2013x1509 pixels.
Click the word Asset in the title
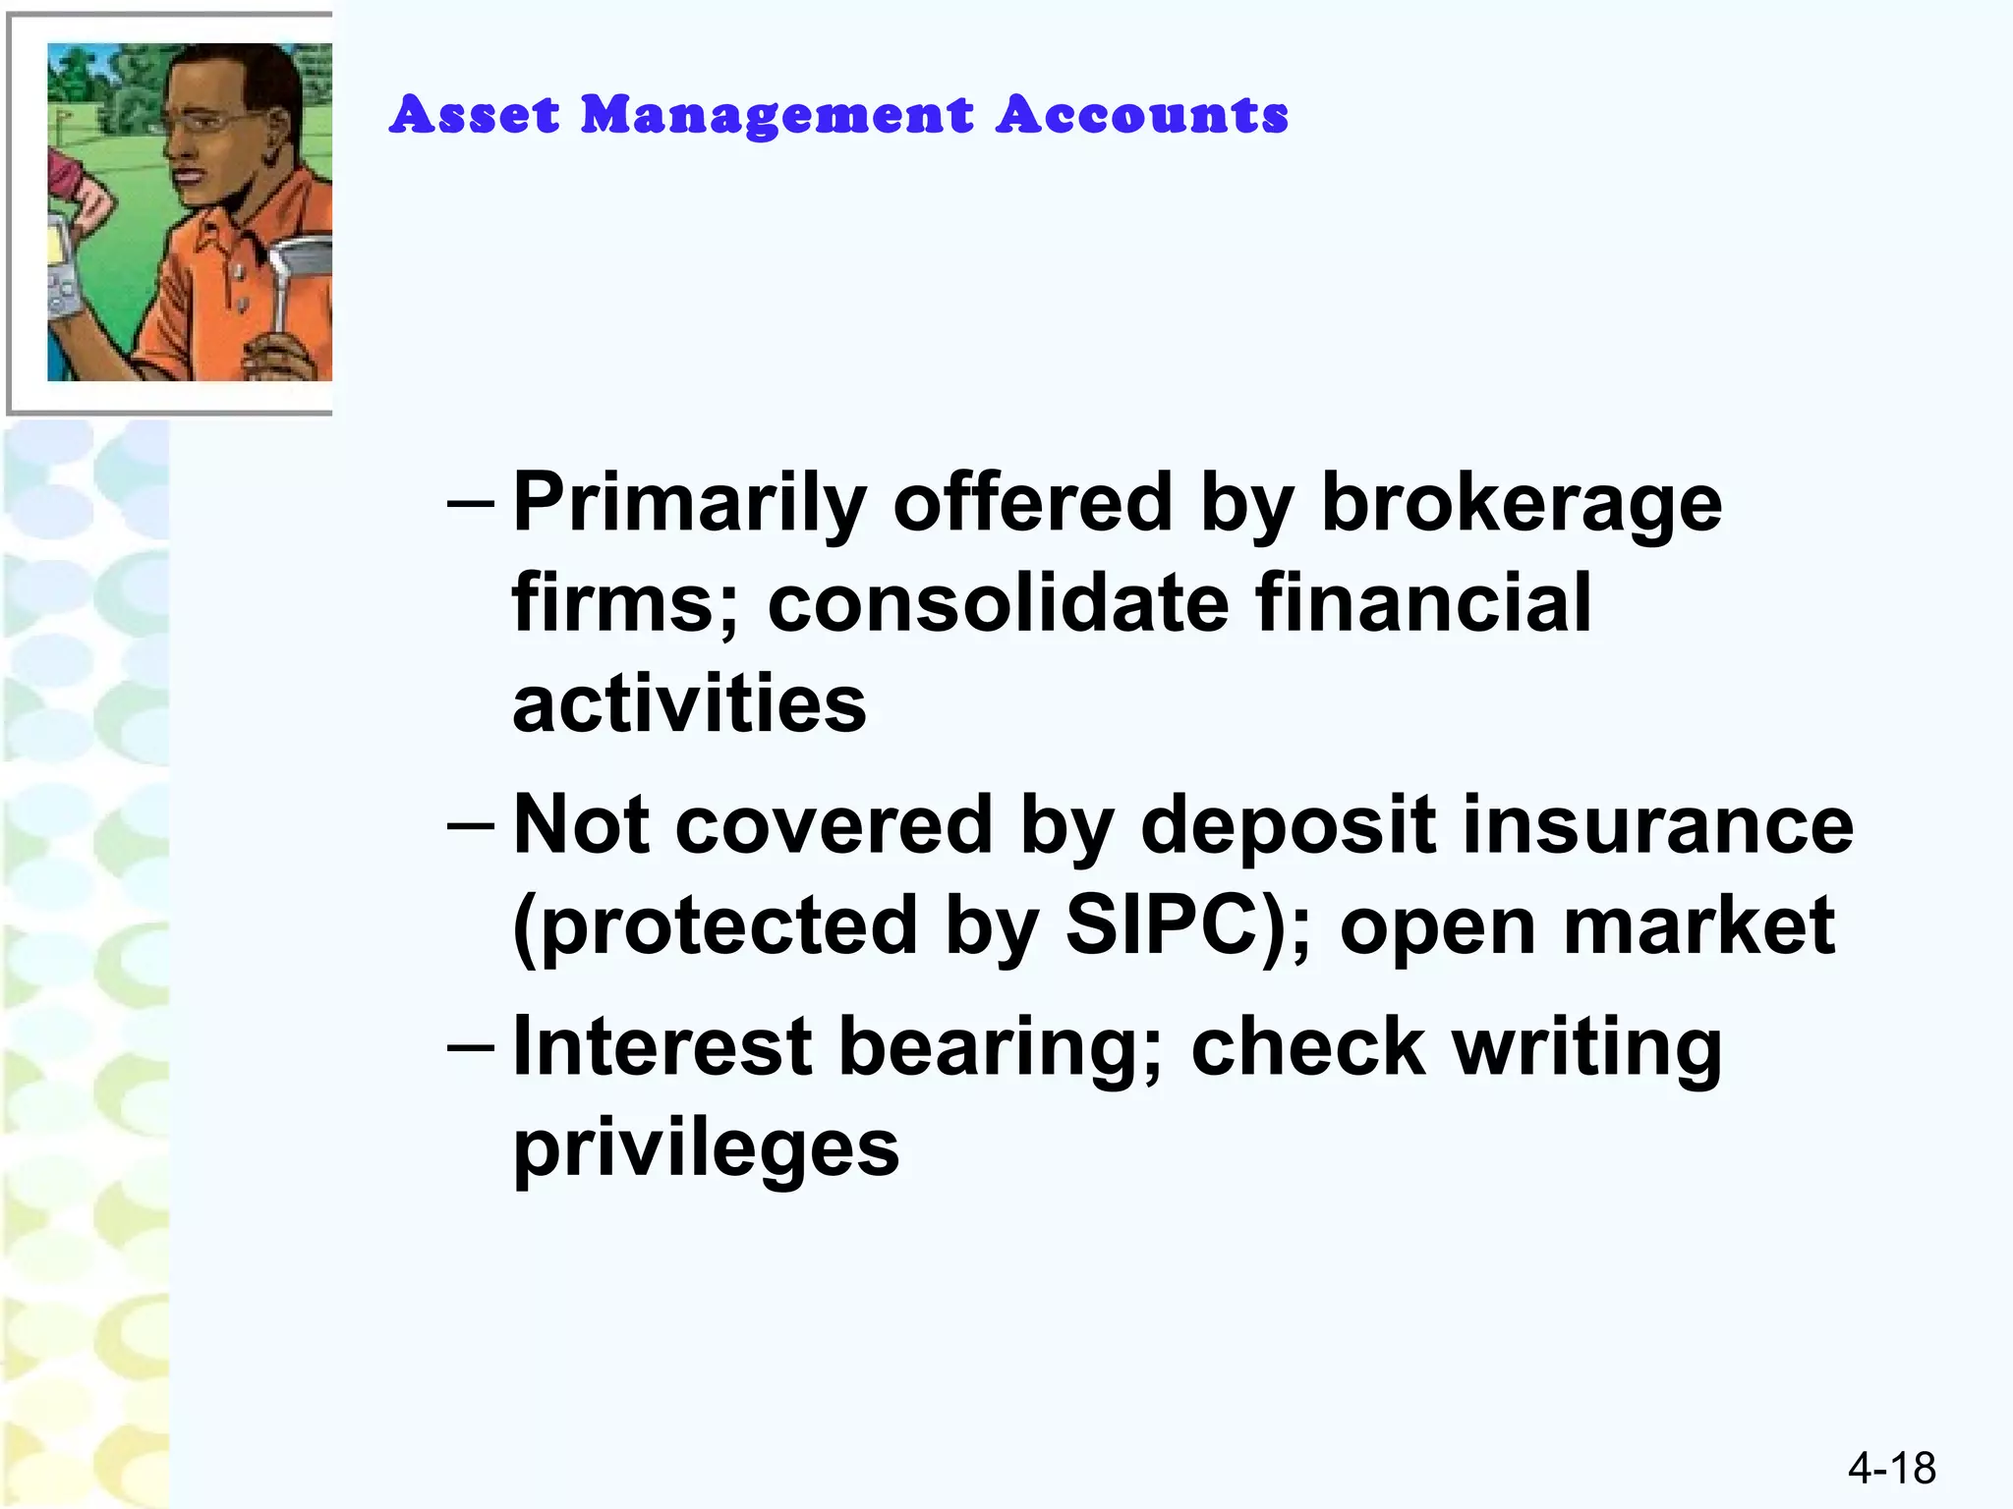coord(475,115)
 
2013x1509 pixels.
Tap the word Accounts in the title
coord(1142,115)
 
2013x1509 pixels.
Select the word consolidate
coord(998,603)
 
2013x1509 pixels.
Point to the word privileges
coord(706,1149)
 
